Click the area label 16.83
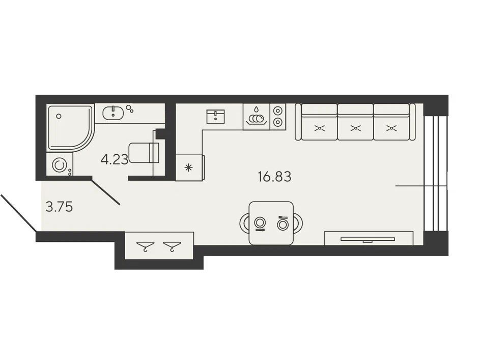coord(274,177)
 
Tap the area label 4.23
coord(114,159)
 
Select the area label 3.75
coord(59,207)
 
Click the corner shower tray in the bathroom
coord(70,128)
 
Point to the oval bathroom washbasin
coord(113,113)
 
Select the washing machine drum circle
coord(59,165)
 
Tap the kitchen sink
coord(215,116)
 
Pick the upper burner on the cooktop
coord(277,110)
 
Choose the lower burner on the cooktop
coord(277,122)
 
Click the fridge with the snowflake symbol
coord(189,167)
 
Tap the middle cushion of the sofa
coord(355,122)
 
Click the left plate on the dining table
coord(260,222)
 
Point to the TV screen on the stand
coord(368,239)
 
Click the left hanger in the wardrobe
coord(145,246)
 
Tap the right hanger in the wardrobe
coord(172,246)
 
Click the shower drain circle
coord(59,116)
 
